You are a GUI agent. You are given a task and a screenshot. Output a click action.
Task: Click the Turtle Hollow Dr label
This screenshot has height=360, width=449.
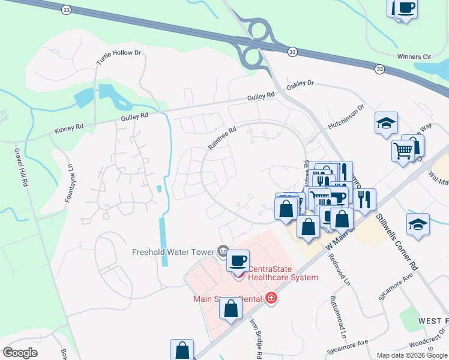[x=118, y=58]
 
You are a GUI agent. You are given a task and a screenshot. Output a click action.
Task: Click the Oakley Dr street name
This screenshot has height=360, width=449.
[x=300, y=83]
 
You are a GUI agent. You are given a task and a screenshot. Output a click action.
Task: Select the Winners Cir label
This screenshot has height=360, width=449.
[x=414, y=57]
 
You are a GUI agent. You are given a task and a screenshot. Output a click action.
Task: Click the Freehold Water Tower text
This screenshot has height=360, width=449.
[x=173, y=252]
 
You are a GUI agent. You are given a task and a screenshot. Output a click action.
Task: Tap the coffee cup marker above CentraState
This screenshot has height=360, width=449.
[x=238, y=260]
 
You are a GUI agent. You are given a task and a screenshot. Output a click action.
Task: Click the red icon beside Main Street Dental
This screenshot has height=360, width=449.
[x=271, y=298]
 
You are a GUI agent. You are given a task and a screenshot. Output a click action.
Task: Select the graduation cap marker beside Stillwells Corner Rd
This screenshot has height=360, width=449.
[x=418, y=224]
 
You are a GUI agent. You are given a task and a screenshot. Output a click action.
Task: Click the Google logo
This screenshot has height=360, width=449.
[x=20, y=353]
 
